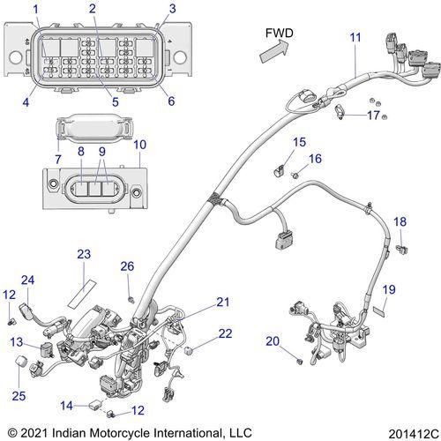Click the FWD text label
point(280,34)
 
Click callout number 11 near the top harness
point(355,37)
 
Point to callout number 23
point(84,255)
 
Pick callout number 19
point(388,289)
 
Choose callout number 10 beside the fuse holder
point(141,144)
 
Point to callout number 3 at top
point(172,9)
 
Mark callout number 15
point(300,142)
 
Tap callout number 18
point(400,222)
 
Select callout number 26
point(128,266)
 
